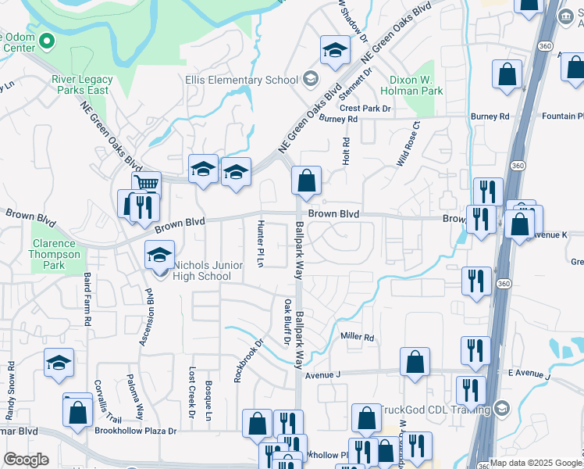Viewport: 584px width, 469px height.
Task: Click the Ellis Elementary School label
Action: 242,80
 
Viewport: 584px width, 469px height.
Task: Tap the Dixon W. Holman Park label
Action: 416,85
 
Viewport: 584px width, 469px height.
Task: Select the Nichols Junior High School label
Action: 202,271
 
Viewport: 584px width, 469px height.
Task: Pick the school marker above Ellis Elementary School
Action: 335,51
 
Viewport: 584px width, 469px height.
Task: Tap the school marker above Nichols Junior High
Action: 159,255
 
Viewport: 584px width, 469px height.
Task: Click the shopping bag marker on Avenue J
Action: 415,362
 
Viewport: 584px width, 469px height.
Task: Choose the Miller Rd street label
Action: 358,337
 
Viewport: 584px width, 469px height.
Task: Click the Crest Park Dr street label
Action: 365,108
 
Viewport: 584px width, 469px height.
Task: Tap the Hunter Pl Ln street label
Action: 260,243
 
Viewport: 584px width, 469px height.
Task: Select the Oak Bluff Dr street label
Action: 287,321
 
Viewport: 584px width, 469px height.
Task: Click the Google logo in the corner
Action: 26,460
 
